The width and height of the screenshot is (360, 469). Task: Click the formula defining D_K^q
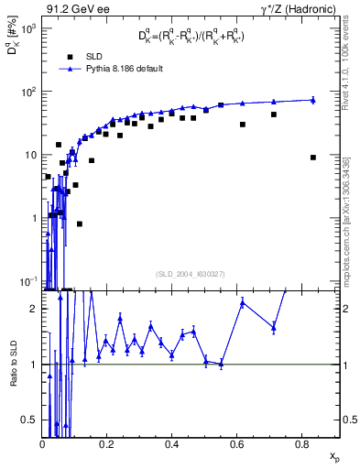tap(191, 37)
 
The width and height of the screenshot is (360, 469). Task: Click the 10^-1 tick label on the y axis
tap(27, 280)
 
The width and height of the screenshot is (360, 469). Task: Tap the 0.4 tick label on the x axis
tap(171, 444)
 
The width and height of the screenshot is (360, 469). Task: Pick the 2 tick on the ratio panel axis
tap(37, 309)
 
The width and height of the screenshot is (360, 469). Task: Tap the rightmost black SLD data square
tap(313, 157)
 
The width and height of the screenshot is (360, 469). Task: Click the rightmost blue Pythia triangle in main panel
tap(313, 100)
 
